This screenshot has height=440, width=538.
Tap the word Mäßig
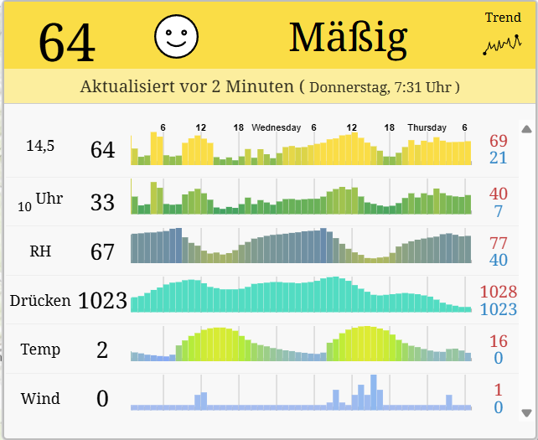pyautogui.click(x=348, y=37)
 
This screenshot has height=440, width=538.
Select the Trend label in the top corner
pyautogui.click(x=503, y=18)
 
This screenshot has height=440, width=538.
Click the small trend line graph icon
pyautogui.click(x=502, y=44)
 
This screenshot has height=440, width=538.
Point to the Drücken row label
pyautogui.click(x=40, y=300)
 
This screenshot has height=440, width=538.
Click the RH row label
pyautogui.click(x=40, y=251)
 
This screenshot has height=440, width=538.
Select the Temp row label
pyautogui.click(x=40, y=349)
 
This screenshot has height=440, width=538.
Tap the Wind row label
pyautogui.click(x=40, y=398)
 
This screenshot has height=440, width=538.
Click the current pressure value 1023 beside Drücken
pyautogui.click(x=102, y=300)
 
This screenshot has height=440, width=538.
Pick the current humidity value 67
pyautogui.click(x=102, y=251)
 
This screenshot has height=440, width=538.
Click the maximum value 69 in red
pyautogui.click(x=499, y=140)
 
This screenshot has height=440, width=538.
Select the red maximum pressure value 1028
pyautogui.click(x=499, y=292)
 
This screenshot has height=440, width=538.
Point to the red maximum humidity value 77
pyautogui.click(x=499, y=243)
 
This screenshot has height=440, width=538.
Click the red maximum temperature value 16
pyautogui.click(x=499, y=341)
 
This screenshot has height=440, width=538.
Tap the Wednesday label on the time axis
pyautogui.click(x=276, y=127)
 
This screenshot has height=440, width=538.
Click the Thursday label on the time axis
pyautogui.click(x=427, y=127)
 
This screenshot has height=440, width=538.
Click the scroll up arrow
pyautogui.click(x=526, y=129)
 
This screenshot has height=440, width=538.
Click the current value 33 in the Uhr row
pyautogui.click(x=102, y=202)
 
